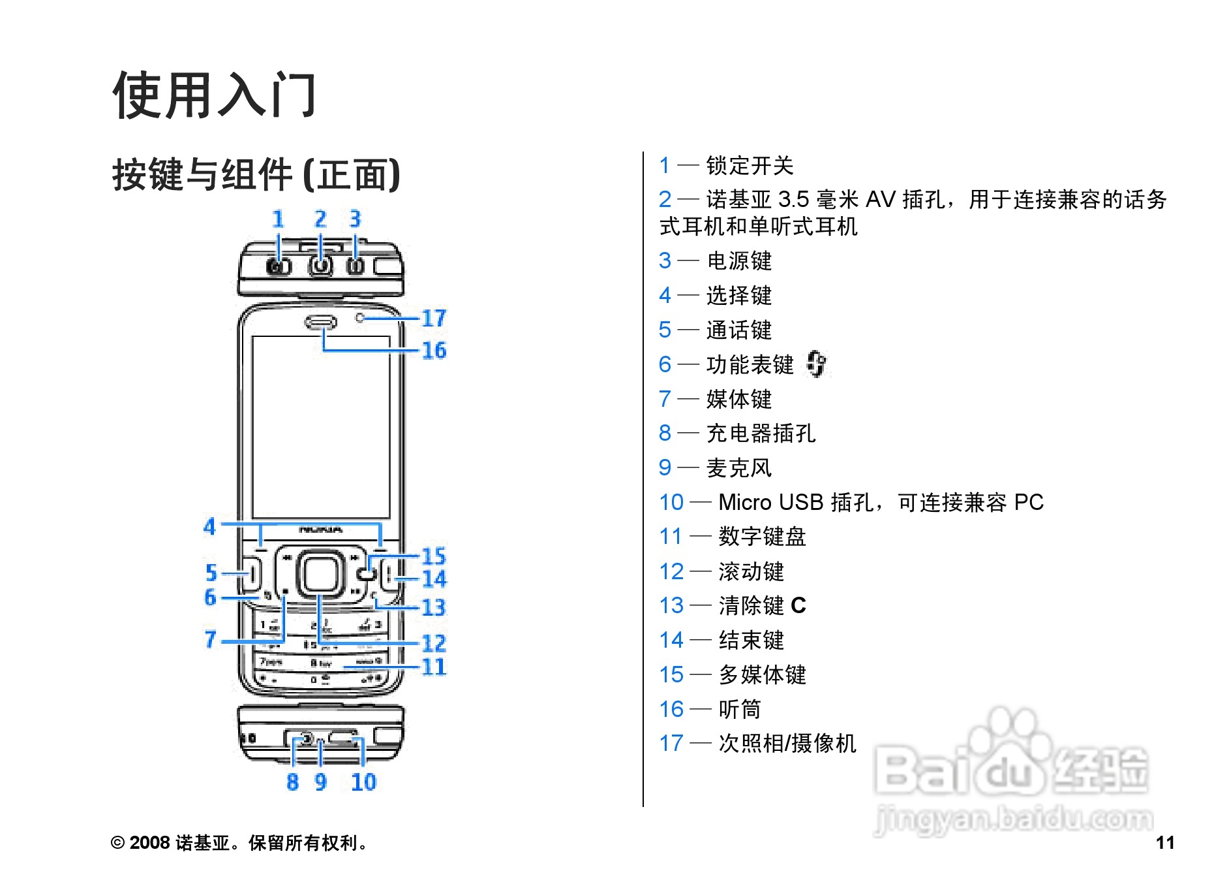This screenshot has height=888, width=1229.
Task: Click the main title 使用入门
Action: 215,95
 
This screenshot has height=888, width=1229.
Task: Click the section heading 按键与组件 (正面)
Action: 256,174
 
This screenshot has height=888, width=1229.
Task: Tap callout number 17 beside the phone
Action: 434,318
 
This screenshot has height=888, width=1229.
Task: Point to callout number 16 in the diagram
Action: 434,351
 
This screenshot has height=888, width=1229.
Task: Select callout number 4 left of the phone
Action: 209,526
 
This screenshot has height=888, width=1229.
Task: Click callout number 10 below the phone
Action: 363,782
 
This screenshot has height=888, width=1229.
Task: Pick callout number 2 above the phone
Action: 320,219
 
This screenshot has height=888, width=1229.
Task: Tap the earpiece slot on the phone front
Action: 321,322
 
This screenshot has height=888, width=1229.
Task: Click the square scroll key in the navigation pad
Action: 320,574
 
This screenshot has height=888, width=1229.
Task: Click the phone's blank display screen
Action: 321,428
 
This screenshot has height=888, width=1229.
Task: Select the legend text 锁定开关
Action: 750,166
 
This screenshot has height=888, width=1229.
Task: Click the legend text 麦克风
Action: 738,468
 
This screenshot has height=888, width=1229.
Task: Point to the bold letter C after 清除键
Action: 798,606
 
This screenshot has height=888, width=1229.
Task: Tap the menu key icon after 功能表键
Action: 815,364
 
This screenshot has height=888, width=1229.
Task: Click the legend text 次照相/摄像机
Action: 787,743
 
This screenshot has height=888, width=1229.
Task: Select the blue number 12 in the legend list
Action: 671,571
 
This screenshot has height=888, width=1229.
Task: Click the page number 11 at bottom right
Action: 1165,842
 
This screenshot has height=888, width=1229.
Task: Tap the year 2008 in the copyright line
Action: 150,843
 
